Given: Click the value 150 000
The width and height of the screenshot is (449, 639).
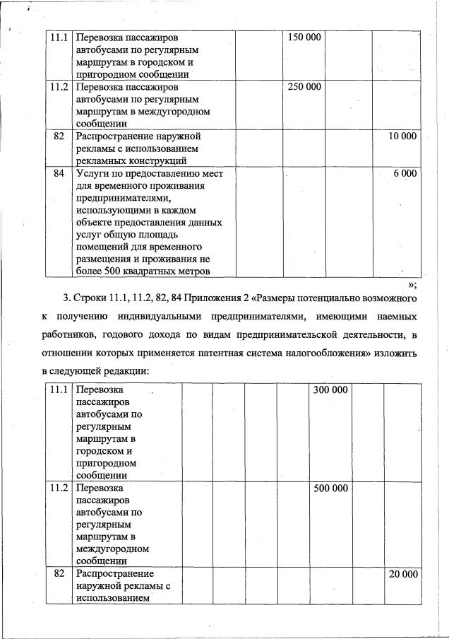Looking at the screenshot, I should click(x=305, y=37).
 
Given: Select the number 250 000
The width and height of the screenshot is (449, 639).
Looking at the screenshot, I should click(x=305, y=87).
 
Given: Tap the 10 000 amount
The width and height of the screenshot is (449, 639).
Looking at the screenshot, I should click(x=402, y=136).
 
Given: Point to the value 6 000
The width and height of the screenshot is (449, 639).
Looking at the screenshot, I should click(x=405, y=173).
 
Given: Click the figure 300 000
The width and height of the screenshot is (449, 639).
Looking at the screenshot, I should click(x=330, y=390).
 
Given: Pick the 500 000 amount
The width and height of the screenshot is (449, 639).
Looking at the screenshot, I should click(x=330, y=488).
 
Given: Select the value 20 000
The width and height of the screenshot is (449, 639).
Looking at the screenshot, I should click(x=403, y=574).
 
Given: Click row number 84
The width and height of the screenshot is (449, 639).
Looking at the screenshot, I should click(x=59, y=173).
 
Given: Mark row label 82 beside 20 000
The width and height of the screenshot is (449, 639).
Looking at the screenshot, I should click(x=59, y=574).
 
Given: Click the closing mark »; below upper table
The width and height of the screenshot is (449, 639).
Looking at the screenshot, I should click(x=412, y=285).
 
